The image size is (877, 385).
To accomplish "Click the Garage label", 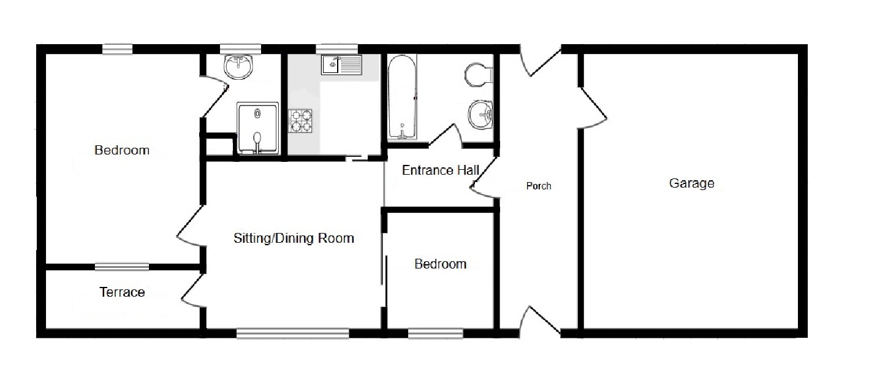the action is pos(691,183).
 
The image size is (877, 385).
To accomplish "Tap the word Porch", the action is pos(538,186).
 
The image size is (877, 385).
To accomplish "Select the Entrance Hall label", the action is pos(441,170).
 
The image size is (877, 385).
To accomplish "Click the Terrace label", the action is pos(122,292).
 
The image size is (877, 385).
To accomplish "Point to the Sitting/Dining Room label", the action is pos(294,238).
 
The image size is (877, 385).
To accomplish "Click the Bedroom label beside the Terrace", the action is pos(122,150).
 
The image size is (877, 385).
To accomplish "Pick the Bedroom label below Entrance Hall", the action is pos(440,264).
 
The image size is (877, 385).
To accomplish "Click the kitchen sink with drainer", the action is pos(341,65).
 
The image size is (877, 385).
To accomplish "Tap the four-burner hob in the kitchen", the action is pos(300,121).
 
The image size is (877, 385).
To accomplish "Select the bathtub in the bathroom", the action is pos(402,97).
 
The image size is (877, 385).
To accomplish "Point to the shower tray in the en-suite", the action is pos(257,128).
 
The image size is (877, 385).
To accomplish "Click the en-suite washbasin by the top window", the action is pos(238,67).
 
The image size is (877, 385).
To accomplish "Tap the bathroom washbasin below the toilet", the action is pos(480,115).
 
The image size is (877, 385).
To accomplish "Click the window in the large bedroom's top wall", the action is pos(118,49).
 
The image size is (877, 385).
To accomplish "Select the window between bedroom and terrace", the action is pos(122,267).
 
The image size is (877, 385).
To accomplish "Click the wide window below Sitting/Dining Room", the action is pos(293,334).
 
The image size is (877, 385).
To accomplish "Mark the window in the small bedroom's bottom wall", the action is pos(435,334).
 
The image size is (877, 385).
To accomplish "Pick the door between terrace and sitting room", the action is pos(193,291).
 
